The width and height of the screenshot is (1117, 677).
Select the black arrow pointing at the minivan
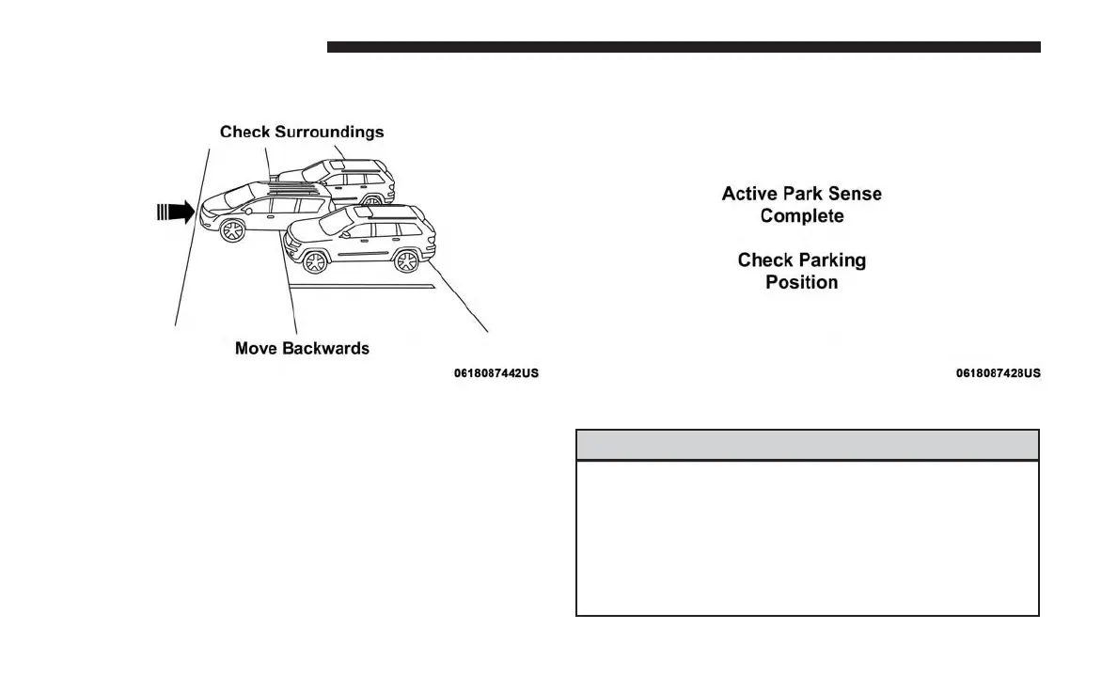[176, 212]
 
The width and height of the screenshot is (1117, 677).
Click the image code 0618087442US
[496, 373]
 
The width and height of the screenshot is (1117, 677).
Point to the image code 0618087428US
[999, 373]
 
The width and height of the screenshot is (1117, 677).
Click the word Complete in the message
[802, 216]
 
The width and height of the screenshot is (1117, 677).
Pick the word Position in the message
[802, 282]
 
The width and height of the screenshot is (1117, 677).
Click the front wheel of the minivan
[231, 230]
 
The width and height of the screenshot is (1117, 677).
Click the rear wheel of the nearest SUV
[406, 260]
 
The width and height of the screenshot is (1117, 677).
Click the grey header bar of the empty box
[807, 445]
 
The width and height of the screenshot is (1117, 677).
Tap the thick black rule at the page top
[684, 47]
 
